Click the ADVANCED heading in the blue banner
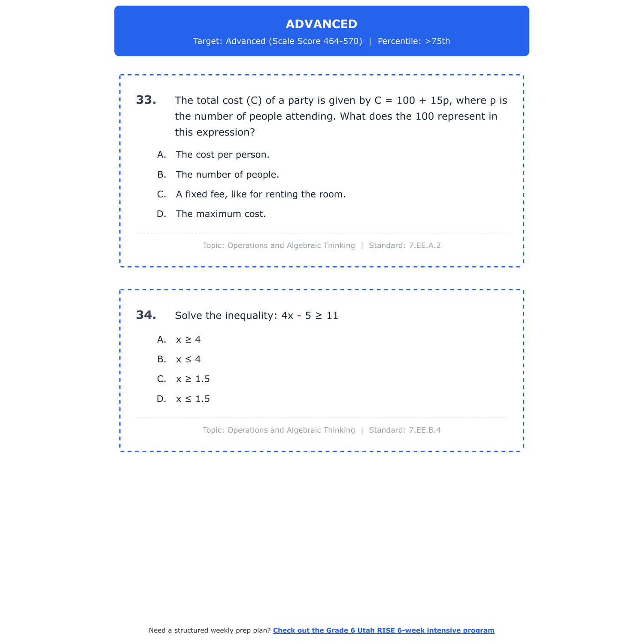tap(321, 24)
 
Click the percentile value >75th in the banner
tap(437, 41)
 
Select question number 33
tap(146, 100)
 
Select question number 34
tap(146, 315)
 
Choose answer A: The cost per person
tap(222, 155)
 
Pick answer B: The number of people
tap(227, 175)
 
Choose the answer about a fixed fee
tap(260, 194)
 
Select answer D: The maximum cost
tap(221, 214)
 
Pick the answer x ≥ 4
tap(188, 340)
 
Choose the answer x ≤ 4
tap(188, 359)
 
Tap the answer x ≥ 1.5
tap(193, 379)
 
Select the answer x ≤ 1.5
tap(193, 399)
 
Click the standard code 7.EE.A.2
tap(425, 246)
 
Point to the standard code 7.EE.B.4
tap(425, 430)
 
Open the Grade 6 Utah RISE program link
tap(383, 630)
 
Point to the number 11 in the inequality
tap(332, 316)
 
